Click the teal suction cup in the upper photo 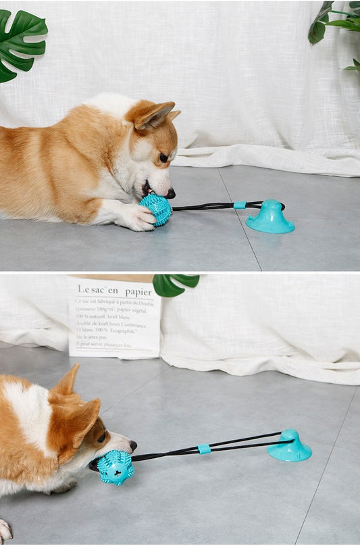(x=270, y=218)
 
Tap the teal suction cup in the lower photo (x=290, y=447)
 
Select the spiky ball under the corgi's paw (x=157, y=209)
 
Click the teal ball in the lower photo (x=115, y=468)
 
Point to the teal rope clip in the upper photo (x=239, y=205)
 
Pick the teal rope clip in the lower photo (x=204, y=449)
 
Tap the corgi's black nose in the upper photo (x=170, y=193)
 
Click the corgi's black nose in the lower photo (x=133, y=445)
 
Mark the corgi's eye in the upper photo (x=163, y=157)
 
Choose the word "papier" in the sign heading (x=138, y=291)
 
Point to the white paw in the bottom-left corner (x=5, y=530)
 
